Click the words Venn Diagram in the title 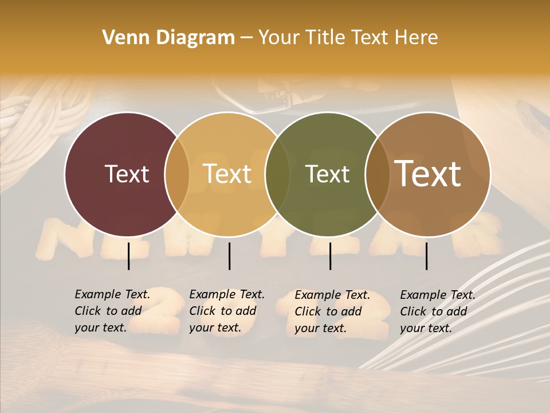pyautogui.click(x=168, y=38)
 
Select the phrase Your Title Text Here pyautogui.click(x=348, y=38)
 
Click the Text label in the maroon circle pyautogui.click(x=127, y=174)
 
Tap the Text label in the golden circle pyautogui.click(x=227, y=174)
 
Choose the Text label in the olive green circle pyautogui.click(x=327, y=174)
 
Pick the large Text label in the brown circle pyautogui.click(x=428, y=174)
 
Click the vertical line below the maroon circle pyautogui.click(x=128, y=256)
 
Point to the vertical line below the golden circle pyautogui.click(x=229, y=256)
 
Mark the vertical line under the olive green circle pyautogui.click(x=330, y=256)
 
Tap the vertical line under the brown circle pyautogui.click(x=426, y=256)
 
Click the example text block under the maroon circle pyautogui.click(x=112, y=311)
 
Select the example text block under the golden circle pyautogui.click(x=227, y=311)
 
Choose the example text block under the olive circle pyautogui.click(x=332, y=311)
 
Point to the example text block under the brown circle pyautogui.click(x=438, y=311)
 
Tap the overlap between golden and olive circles pyautogui.click(x=277, y=174)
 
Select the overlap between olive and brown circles pyautogui.click(x=377, y=174)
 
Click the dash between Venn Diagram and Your pyautogui.click(x=246, y=38)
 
